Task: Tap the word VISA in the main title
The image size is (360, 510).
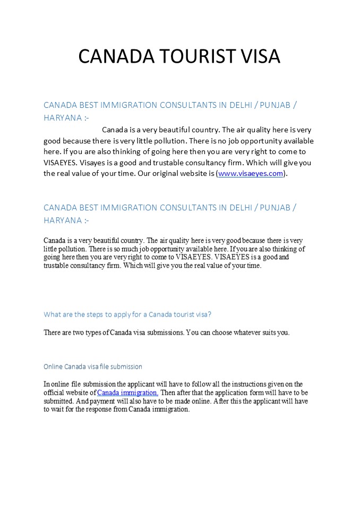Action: [257, 56]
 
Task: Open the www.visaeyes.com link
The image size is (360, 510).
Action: [250, 174]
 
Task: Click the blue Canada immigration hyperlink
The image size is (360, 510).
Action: [127, 393]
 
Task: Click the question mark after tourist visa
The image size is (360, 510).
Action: [210, 314]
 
